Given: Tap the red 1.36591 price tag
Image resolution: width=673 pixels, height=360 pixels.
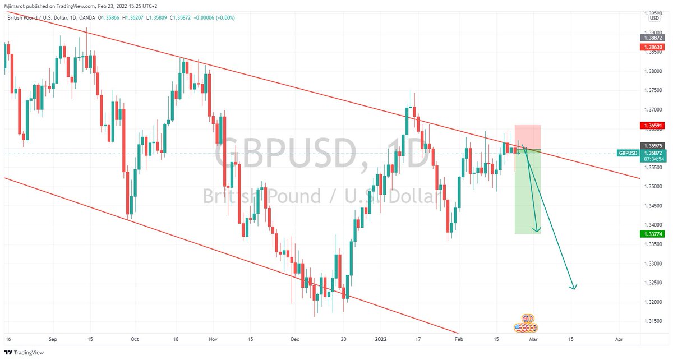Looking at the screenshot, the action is pos(653,126).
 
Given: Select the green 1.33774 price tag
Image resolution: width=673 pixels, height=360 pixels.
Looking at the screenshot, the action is pos(653,234).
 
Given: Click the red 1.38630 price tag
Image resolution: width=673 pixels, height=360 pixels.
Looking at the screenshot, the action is pos(653,48).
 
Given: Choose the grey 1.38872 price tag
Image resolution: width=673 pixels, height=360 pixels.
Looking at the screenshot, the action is pos(653,38).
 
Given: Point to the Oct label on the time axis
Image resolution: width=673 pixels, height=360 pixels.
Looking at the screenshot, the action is pos(134,339).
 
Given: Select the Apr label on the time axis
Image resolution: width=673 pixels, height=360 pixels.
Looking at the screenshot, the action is pos(619,339).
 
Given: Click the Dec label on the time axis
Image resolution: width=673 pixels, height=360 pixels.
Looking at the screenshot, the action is pos(296,339).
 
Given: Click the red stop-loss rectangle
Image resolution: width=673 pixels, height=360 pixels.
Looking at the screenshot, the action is pos(528,137).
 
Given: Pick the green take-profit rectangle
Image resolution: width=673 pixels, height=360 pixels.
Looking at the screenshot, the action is pos(528,193).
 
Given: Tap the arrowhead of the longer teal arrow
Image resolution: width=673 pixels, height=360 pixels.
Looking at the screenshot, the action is pos(573,288).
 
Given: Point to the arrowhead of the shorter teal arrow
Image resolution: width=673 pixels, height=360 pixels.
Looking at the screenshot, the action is pos(537,230).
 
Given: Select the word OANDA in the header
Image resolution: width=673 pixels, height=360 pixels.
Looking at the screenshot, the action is pos(87,18).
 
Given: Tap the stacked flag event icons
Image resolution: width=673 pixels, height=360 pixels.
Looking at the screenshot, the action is pos(526,324).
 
